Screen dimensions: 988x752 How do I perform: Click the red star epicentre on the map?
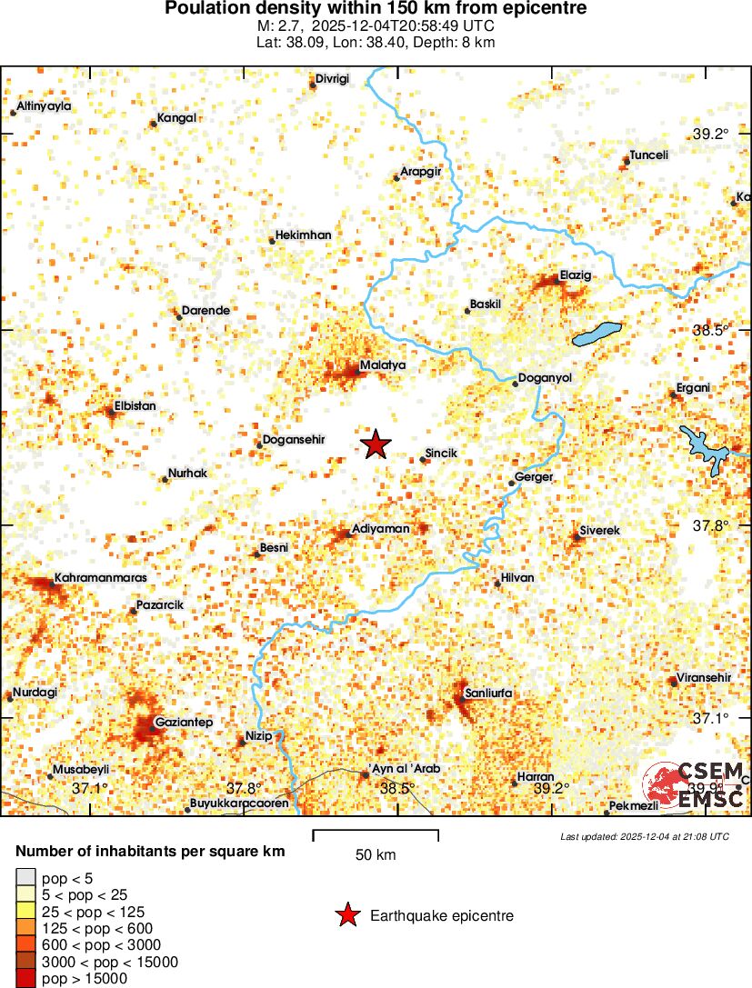click(x=375, y=444)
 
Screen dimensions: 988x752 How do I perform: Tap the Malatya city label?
click(x=382, y=364)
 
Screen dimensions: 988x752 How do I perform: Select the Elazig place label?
click(x=575, y=274)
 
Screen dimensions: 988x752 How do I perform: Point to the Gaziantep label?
click(x=184, y=723)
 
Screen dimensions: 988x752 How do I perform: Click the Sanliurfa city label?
click(x=488, y=694)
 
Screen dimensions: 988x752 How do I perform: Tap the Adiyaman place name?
click(x=380, y=528)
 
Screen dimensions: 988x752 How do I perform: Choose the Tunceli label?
click(x=649, y=155)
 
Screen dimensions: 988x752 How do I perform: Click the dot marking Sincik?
click(x=423, y=460)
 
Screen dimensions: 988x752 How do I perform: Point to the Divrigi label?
click(x=332, y=79)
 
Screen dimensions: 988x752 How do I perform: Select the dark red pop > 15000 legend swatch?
click(x=26, y=978)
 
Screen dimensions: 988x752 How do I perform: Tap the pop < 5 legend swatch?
click(x=26, y=878)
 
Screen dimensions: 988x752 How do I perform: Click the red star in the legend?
click(x=346, y=916)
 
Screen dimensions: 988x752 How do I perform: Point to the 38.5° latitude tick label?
click(x=710, y=331)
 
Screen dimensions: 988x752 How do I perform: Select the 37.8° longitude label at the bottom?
click(x=244, y=788)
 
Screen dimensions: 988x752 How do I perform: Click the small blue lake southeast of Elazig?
click(x=597, y=334)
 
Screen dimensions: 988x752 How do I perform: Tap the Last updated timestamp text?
click(x=645, y=836)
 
